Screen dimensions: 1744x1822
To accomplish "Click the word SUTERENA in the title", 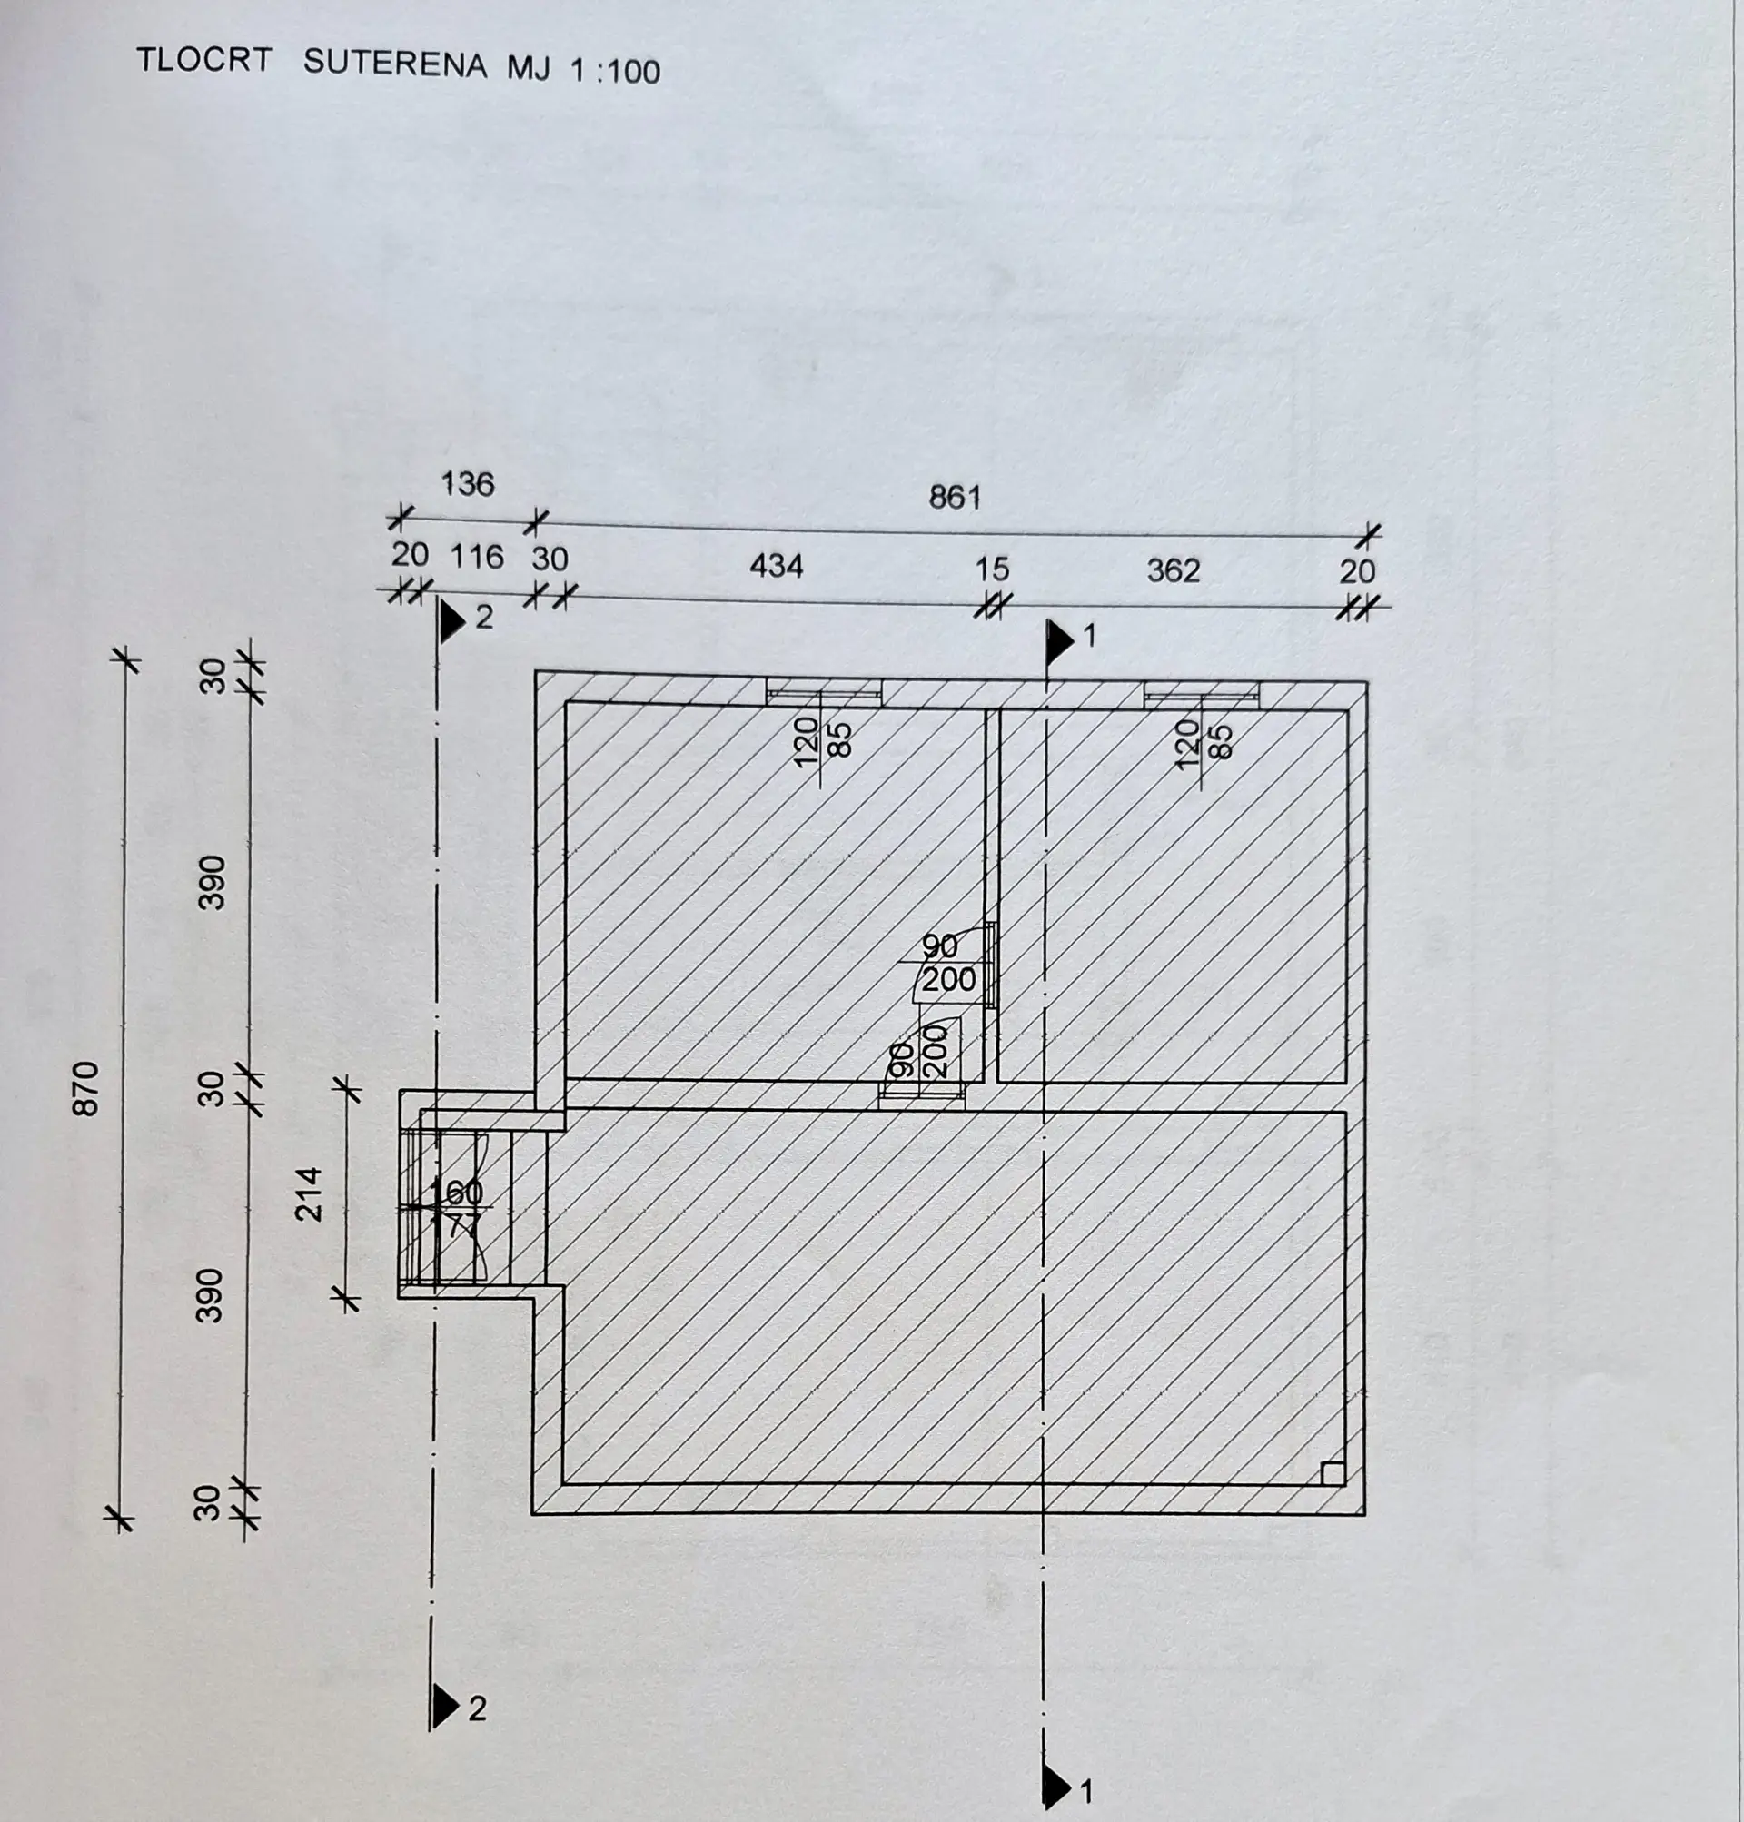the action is pos(395,64).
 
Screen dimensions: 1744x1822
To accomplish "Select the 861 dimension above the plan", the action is pos(955,498).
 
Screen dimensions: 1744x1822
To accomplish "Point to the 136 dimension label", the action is pos(468,483).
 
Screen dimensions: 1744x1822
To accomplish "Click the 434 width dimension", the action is pos(777,565).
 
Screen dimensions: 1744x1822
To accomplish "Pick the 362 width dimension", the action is pos(1174,569).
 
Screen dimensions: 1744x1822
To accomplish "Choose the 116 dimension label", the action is pos(477,556).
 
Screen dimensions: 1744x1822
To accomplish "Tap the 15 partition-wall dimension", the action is pos(992,568).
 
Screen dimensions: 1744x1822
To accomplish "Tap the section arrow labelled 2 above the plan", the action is pos(452,620).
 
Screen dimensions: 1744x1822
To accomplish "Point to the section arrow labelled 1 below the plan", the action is pos(1058,1787).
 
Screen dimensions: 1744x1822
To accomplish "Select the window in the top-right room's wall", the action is pos(1201,694).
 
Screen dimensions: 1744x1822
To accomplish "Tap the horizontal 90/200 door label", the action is pos(946,963).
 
